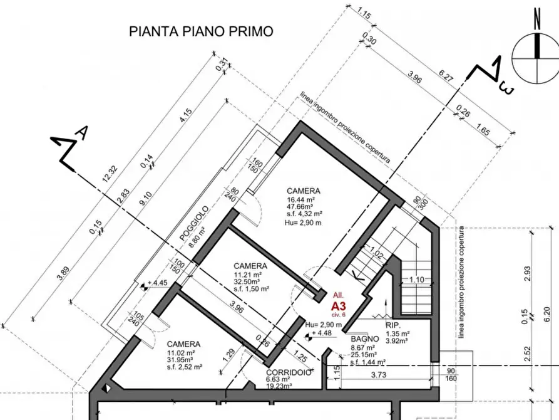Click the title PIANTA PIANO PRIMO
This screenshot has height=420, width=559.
point(200,31)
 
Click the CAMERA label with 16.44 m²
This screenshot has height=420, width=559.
point(304,191)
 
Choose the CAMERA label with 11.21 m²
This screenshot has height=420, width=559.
point(250,266)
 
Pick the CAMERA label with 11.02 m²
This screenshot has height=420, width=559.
point(183,344)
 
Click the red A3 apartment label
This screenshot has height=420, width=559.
point(338,305)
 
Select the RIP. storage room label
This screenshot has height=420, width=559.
point(393,325)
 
